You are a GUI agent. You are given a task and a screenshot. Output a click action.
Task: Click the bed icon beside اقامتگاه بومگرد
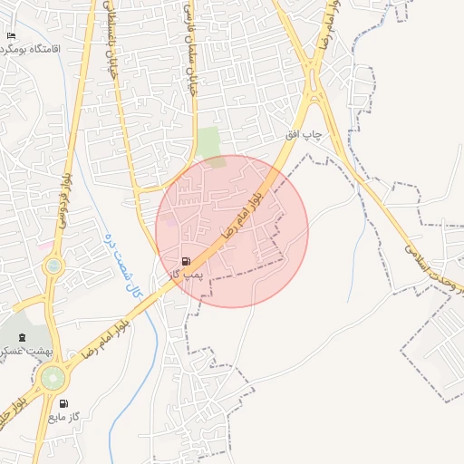(x=11, y=36)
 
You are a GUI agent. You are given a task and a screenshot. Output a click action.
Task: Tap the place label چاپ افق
(x=304, y=134)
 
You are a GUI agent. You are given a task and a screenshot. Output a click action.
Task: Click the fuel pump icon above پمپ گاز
(x=187, y=259)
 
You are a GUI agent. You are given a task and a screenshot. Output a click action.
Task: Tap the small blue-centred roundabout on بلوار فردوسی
(x=54, y=266)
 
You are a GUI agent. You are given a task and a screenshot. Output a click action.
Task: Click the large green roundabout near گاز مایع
(x=53, y=376)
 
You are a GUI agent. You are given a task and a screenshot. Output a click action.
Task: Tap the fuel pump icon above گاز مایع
(x=63, y=403)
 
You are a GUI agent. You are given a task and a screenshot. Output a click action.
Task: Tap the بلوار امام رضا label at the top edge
(x=330, y=23)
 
